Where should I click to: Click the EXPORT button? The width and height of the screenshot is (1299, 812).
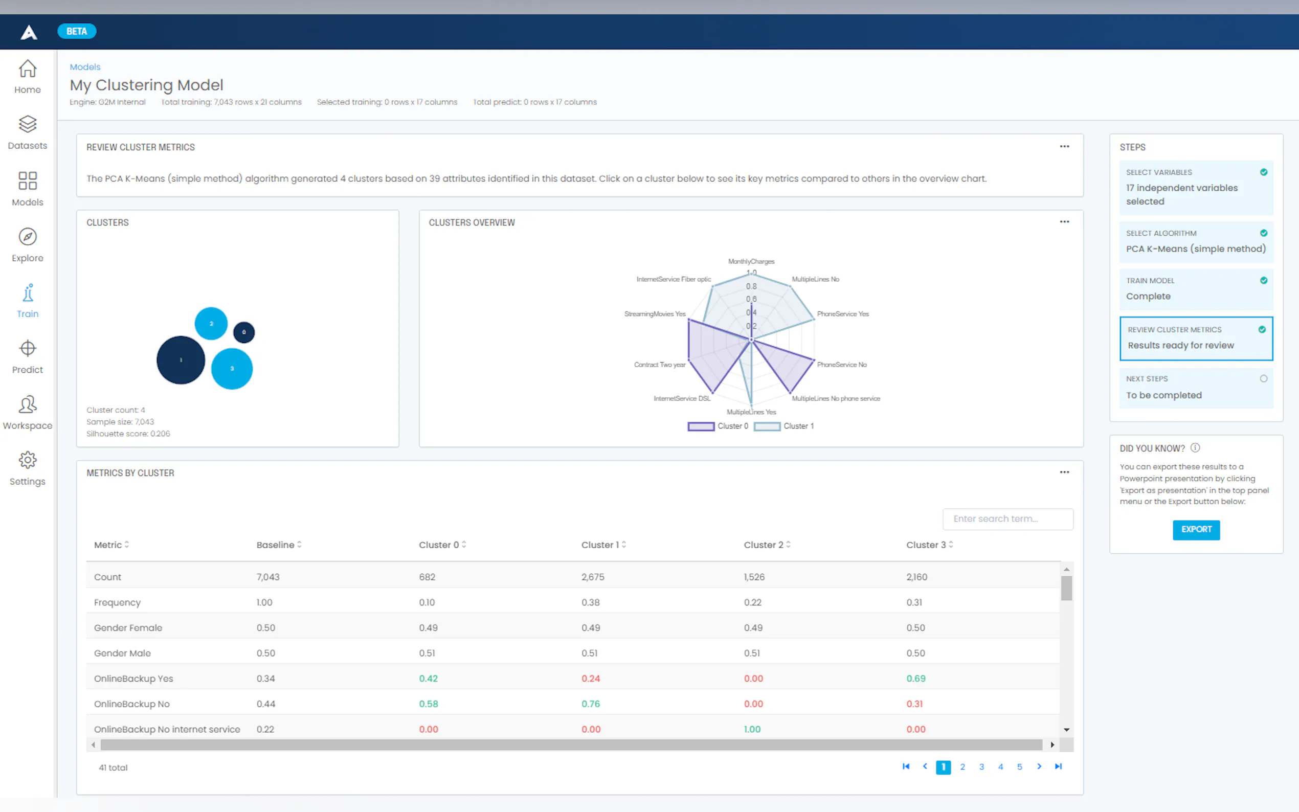1195,530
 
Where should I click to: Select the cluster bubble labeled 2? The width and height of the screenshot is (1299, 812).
211,323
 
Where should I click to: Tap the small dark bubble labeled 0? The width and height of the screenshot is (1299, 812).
244,332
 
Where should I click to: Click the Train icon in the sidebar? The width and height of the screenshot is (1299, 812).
28,301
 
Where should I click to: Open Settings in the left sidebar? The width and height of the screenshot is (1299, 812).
28,468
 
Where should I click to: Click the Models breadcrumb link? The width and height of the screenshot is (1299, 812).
85,67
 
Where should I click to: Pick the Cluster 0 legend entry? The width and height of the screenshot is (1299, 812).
718,426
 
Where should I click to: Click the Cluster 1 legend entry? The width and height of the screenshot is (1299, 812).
784,426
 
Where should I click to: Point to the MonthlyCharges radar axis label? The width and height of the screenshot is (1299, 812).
751,261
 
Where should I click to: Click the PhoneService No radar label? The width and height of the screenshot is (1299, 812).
841,365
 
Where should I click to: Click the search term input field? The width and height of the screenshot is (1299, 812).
1007,519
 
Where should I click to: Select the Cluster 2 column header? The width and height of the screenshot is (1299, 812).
763,545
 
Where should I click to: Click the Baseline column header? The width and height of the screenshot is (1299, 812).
276,545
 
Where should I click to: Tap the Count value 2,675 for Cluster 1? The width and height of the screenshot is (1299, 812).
592,577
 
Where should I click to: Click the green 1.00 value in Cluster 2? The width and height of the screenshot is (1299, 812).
752,729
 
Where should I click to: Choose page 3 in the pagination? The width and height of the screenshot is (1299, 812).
981,767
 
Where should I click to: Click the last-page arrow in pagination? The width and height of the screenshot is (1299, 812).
1058,766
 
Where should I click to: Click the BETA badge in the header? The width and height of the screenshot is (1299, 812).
77,31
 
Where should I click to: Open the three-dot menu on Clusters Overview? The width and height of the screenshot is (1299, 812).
1064,222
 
